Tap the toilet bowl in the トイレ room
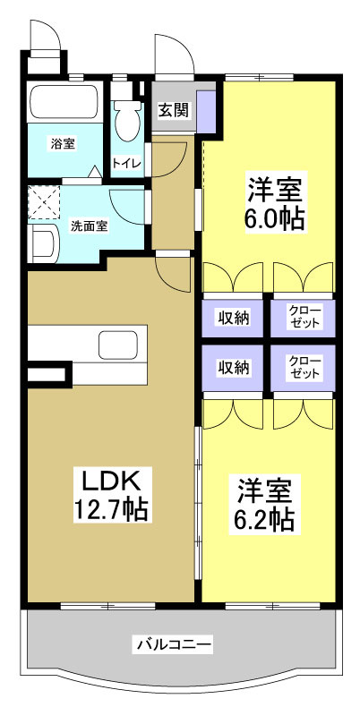126,120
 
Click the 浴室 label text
63,142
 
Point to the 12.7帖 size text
110,510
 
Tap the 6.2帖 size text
266,519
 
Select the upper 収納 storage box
232,316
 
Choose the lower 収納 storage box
232,367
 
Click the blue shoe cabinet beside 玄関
206,110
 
